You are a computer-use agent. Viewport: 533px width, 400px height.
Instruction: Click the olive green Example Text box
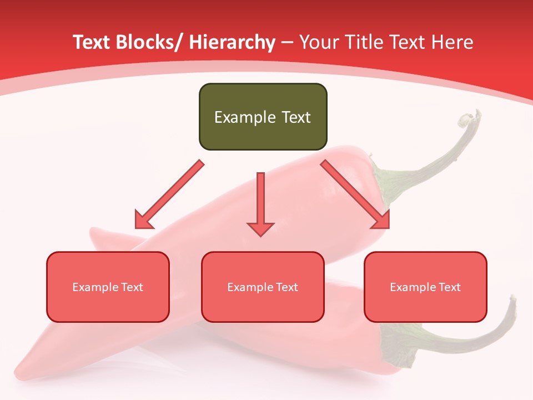click(263, 117)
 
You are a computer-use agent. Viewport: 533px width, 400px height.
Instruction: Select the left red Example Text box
click(108, 287)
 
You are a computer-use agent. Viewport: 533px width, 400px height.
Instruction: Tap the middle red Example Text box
click(263, 287)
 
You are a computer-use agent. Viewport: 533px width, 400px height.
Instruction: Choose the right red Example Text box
click(425, 287)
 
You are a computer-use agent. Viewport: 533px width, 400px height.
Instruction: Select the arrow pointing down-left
click(169, 194)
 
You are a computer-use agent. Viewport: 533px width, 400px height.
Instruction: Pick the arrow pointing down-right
click(355, 194)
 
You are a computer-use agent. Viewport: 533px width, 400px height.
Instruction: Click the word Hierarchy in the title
click(232, 42)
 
